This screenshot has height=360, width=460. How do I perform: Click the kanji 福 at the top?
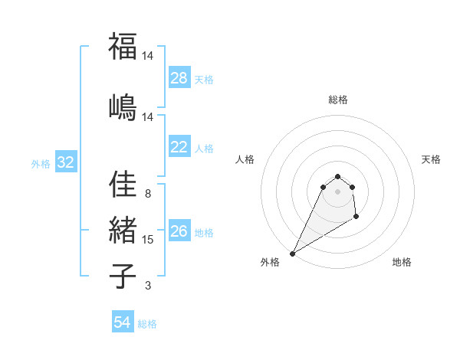tap(123, 47)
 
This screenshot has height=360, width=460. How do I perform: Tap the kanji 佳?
tap(123, 185)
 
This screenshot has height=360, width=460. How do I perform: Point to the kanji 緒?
tap(123, 231)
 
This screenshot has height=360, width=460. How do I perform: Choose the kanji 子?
tap(123, 276)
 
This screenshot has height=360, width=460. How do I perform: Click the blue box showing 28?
tap(179, 78)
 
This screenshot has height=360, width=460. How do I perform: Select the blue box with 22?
tap(179, 148)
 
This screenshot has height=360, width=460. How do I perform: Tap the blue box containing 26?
tap(179, 232)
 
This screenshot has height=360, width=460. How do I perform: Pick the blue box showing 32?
tap(65, 162)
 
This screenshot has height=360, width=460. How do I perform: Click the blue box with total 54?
tap(123, 322)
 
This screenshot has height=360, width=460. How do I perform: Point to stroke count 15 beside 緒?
tap(148, 240)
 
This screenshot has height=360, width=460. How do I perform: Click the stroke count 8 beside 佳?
tap(148, 194)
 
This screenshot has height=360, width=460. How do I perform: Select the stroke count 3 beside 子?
tap(148, 286)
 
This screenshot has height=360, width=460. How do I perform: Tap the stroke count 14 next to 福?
tap(148, 57)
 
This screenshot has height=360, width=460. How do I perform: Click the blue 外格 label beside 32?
tap(41, 163)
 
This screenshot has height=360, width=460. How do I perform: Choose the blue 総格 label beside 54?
tap(147, 324)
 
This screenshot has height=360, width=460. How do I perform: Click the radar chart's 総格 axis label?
tap(338, 100)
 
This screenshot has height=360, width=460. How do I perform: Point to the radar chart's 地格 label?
tap(402, 263)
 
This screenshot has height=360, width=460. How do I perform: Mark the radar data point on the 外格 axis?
tap(293, 254)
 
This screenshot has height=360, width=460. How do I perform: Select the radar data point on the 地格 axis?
tap(357, 218)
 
